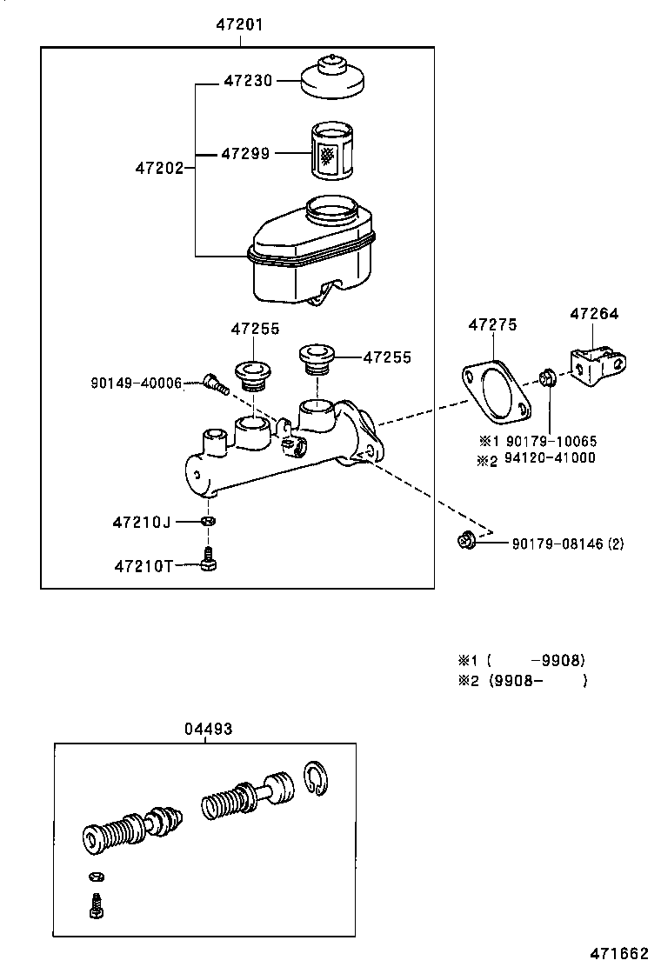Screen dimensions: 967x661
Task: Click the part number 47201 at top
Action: [239, 26]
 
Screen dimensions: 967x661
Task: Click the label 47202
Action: [159, 168]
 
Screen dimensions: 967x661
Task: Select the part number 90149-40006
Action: [136, 383]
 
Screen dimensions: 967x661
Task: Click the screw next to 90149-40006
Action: [214, 383]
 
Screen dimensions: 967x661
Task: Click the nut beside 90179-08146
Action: [466, 542]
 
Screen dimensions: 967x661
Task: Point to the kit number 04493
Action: [208, 730]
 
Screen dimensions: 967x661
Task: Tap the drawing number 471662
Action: [622, 951]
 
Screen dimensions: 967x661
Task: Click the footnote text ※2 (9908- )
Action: [522, 680]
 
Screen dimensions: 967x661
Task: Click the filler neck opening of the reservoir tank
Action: [331, 210]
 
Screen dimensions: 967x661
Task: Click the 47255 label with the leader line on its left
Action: [387, 357]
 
